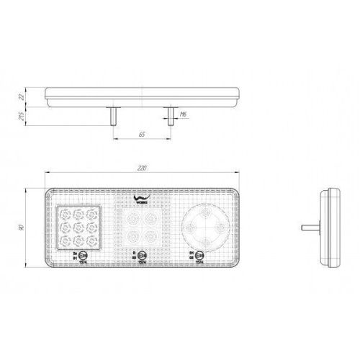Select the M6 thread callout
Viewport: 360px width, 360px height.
pos(184,114)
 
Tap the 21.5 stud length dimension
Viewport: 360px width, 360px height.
pos(22,114)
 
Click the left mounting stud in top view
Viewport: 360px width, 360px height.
pos(112,115)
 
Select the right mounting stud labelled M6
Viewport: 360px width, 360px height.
pos(169,115)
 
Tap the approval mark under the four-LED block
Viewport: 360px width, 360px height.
pos(142,255)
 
